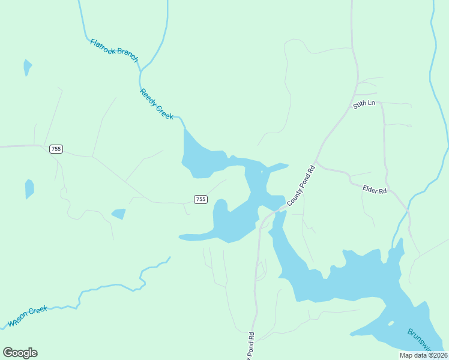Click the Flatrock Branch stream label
click(114, 51)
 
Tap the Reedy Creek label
click(157, 104)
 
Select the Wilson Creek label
click(27, 317)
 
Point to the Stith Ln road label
click(364, 104)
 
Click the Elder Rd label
click(375, 190)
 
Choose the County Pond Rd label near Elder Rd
click(301, 186)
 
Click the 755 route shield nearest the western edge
click(56, 149)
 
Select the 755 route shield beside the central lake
click(200, 199)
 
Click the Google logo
click(20, 353)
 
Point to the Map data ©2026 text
click(422, 355)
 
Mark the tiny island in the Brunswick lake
click(391, 324)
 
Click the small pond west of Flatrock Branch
click(27, 67)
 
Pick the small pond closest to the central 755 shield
click(119, 214)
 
